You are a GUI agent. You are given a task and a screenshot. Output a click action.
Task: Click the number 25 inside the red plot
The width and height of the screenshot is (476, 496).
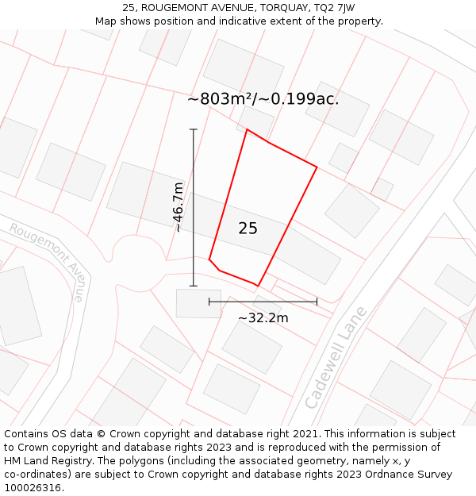(x=248, y=229)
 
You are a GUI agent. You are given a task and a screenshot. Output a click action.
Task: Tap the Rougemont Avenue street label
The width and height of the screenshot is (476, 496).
(x=47, y=261)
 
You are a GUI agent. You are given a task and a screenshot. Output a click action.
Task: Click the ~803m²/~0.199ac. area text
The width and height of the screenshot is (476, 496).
(x=263, y=99)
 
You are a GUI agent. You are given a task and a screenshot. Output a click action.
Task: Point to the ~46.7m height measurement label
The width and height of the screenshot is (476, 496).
(x=178, y=207)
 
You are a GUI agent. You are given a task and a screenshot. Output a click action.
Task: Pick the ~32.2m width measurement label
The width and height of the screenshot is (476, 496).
(x=263, y=318)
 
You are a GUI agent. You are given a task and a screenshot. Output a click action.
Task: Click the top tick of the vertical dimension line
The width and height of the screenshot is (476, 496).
(x=194, y=129)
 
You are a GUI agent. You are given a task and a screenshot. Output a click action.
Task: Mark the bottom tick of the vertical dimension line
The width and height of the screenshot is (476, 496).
(x=194, y=286)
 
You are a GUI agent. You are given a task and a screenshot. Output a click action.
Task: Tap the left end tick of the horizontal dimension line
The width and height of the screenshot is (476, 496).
(x=209, y=302)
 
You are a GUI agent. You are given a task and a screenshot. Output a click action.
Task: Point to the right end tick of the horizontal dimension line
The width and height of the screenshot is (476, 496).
(x=317, y=302)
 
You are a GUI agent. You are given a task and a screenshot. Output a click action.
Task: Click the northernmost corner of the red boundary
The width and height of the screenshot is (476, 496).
(x=247, y=129)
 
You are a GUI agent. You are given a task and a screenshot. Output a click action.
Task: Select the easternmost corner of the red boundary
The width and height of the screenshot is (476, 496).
(x=317, y=167)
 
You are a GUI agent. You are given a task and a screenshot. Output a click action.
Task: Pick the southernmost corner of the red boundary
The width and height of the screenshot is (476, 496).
(x=258, y=286)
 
